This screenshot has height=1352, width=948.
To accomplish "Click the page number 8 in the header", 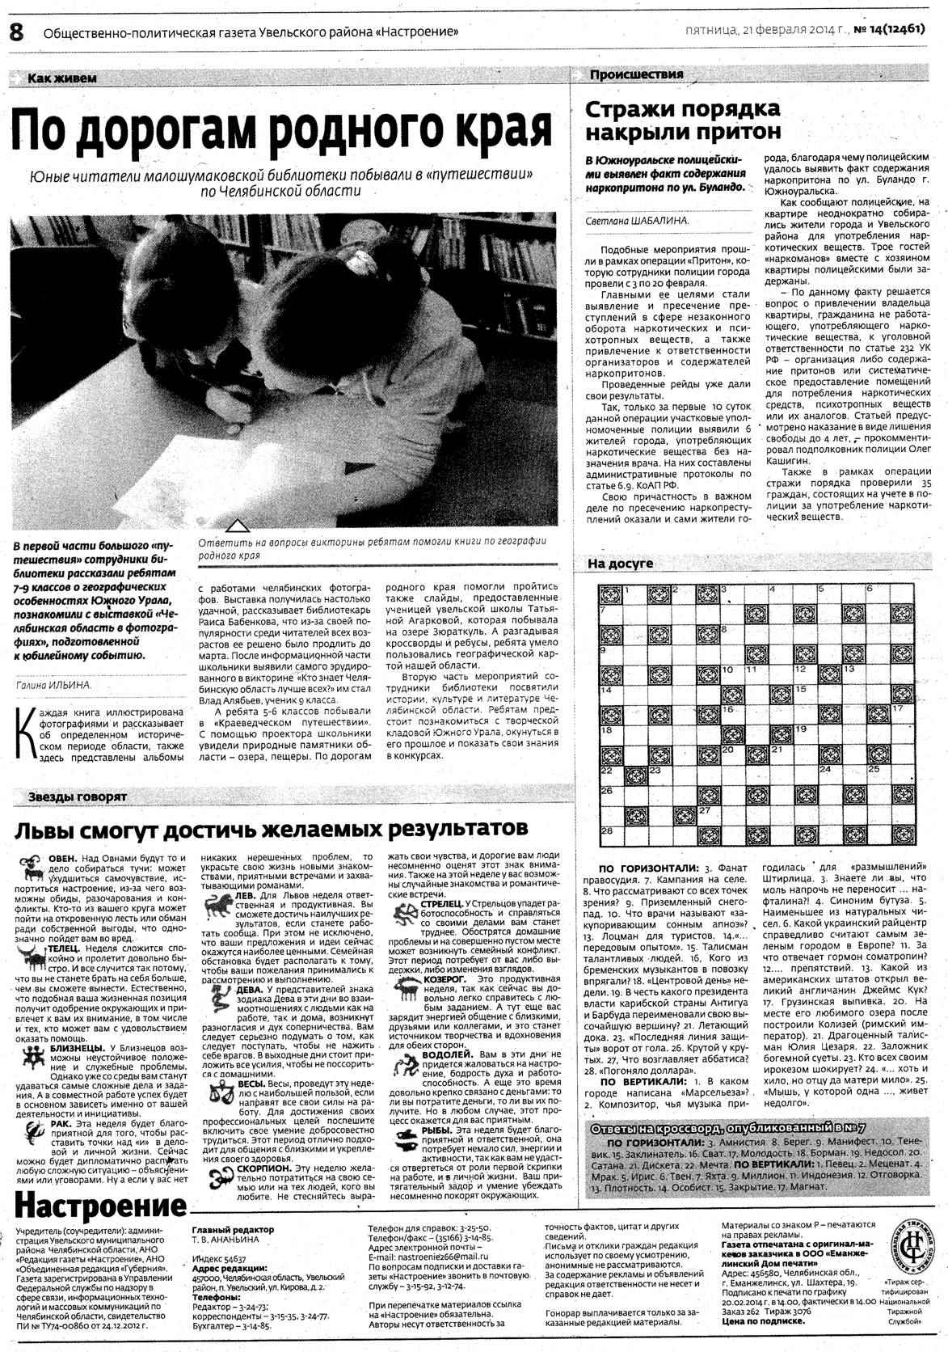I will point(15,32).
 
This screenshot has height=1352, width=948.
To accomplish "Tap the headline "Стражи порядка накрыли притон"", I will point(682,120).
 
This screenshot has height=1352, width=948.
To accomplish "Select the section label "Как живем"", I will point(61,78).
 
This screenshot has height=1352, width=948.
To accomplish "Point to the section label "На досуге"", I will point(620,564).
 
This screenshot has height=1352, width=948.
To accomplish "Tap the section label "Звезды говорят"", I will point(78,797).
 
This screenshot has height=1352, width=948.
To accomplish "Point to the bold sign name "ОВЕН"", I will point(62,858).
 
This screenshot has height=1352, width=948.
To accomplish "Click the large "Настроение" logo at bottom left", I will point(100,1207).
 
